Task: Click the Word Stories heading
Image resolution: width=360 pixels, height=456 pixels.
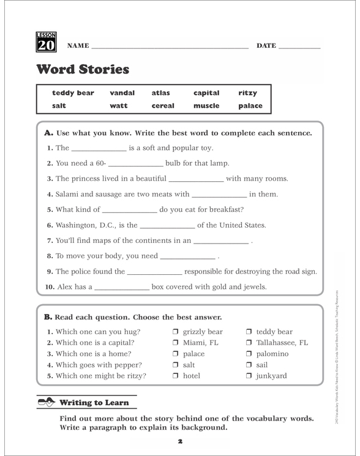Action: pos(83,69)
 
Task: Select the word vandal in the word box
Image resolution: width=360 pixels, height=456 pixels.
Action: pos(122,93)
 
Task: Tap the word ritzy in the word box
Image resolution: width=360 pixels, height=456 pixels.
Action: pos(247,93)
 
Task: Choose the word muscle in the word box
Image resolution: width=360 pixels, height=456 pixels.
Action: pos(206,105)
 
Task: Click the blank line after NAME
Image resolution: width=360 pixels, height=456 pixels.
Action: pos(170,47)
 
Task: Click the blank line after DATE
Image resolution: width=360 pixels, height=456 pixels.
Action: pos(299,47)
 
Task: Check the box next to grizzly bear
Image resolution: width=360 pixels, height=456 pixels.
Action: pos(176,332)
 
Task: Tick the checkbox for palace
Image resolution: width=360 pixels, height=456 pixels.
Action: pos(176,354)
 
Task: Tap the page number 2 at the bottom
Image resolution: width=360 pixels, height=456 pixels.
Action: pos(180,441)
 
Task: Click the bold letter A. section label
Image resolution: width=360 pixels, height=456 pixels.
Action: pos(49,133)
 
